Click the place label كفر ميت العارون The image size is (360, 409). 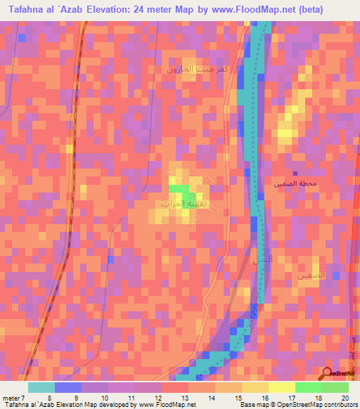click(x=195, y=70)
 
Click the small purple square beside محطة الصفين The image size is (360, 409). click(x=295, y=174)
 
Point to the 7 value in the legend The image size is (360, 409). click(x=23, y=397)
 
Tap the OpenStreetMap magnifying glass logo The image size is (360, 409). click(x=328, y=373)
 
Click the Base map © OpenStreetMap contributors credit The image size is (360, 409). click(x=298, y=405)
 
